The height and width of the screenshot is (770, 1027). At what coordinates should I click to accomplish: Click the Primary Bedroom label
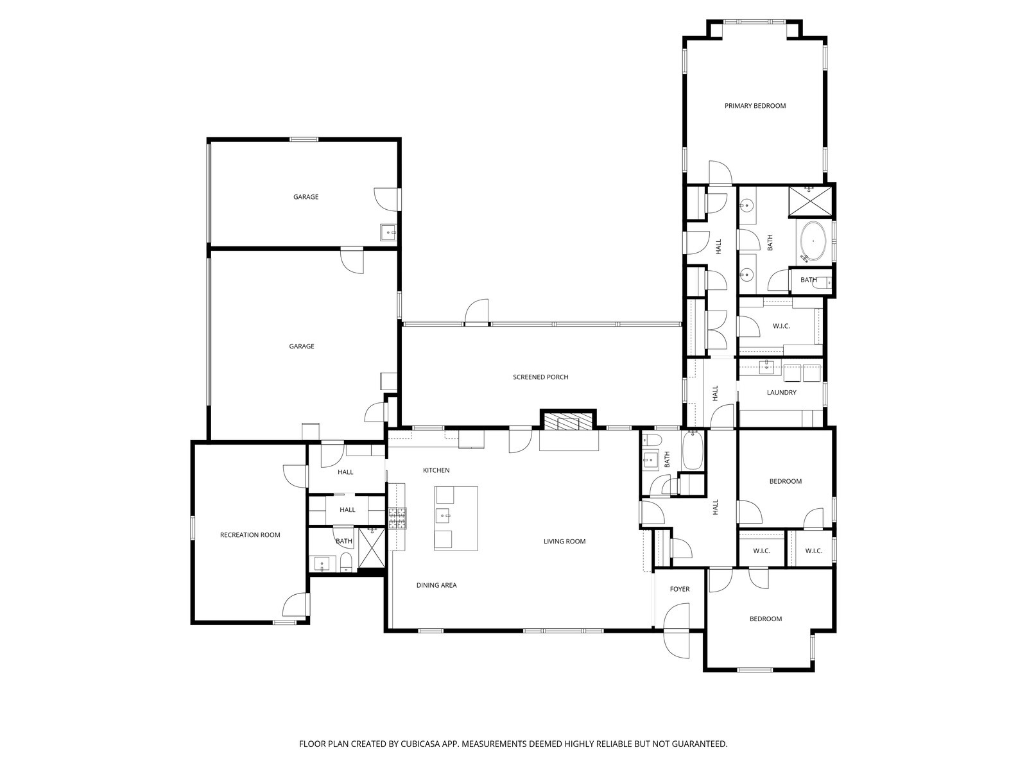(755, 106)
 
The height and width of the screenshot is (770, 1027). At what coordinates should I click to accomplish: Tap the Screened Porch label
(540, 377)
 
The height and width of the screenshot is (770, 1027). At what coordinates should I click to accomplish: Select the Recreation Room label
(250, 535)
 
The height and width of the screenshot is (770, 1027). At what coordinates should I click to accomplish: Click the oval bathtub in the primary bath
(813, 242)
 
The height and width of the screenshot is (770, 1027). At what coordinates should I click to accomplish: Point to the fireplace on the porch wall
(568, 422)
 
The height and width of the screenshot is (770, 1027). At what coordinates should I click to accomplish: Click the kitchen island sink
(444, 515)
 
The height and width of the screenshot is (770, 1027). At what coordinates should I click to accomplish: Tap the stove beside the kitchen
(397, 518)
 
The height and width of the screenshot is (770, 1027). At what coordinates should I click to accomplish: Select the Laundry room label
(781, 393)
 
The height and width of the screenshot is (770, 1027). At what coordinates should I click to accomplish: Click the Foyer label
(679, 589)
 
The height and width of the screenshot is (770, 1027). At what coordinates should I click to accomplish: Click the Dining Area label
(436, 585)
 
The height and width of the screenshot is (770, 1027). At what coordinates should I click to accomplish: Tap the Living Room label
(564, 542)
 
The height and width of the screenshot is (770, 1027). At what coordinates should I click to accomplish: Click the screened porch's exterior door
(477, 312)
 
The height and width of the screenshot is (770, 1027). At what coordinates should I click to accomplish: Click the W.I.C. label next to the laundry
(781, 327)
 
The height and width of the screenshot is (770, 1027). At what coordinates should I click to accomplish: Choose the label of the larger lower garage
(302, 346)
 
